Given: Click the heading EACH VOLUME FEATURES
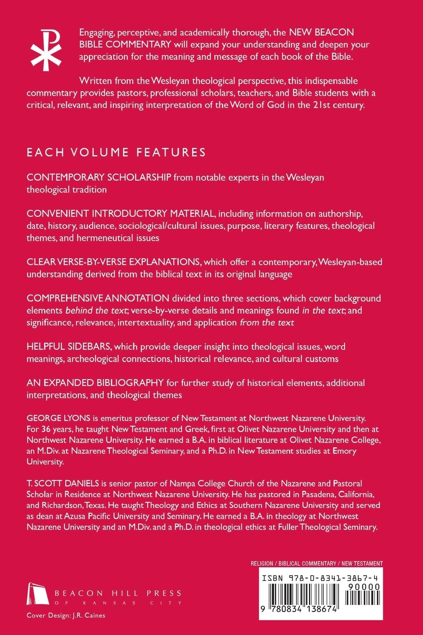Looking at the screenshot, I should tap(116, 152).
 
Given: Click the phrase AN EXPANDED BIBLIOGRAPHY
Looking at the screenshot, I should tap(95, 383).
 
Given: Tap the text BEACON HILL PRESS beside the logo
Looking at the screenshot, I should tap(118, 593).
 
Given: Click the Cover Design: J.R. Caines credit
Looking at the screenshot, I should tap(66, 615).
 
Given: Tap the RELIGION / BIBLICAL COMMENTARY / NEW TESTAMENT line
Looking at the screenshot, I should tap(316, 564).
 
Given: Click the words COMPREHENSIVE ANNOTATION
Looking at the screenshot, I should tap(98, 298).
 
